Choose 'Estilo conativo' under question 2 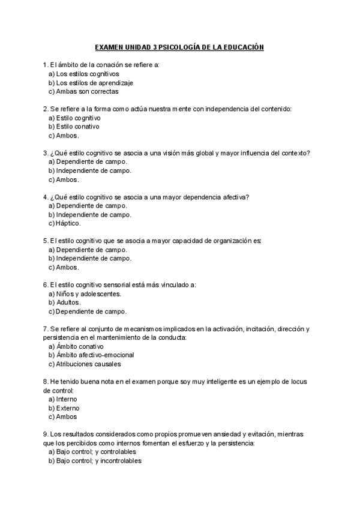(77, 127)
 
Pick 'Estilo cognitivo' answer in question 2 (79, 118)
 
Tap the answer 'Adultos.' (68, 303)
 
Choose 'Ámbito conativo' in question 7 (79, 346)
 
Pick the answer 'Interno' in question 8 (66, 399)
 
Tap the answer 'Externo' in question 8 (67, 408)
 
